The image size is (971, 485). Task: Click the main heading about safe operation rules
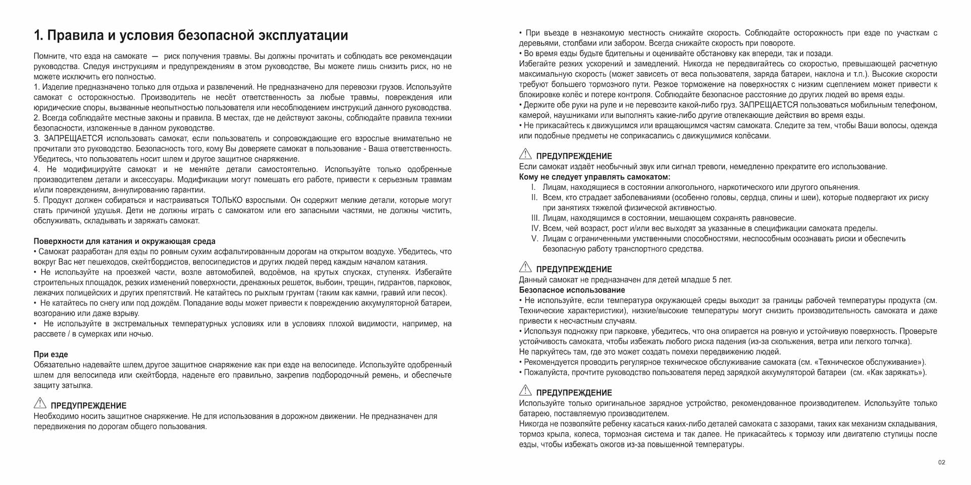point(191,35)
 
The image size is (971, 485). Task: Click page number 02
point(941,462)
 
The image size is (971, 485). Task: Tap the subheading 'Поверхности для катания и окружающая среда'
point(124,241)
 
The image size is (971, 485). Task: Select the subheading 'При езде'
point(51,355)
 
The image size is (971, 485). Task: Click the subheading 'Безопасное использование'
point(571,290)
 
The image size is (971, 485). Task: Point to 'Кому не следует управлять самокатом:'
point(594,177)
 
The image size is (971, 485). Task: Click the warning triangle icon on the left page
point(40,403)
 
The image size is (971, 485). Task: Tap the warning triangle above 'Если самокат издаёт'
point(525,154)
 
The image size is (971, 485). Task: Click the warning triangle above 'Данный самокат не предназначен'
point(525,267)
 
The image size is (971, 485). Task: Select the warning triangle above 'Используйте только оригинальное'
point(525,390)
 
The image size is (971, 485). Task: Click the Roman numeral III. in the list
point(536,218)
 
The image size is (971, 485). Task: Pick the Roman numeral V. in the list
point(535,239)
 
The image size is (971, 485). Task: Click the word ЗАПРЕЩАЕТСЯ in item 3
point(73,139)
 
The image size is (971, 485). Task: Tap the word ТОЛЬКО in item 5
point(227,200)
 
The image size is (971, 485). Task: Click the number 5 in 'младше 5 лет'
point(714,280)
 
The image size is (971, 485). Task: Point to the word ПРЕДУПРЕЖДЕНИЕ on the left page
point(89,406)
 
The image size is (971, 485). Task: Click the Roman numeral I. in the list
point(534,187)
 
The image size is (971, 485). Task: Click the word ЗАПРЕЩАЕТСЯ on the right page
point(768,105)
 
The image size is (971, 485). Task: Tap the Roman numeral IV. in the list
point(536,228)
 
